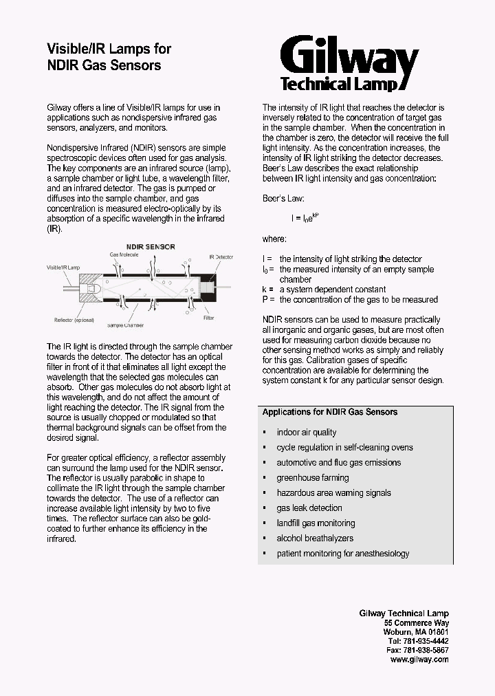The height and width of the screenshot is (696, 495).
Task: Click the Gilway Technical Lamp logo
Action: coord(349,63)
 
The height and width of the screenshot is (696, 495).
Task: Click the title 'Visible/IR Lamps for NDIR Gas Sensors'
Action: coord(108,57)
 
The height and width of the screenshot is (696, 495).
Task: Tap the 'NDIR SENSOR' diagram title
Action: coord(150,246)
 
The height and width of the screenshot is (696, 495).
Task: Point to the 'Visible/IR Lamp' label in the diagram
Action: coord(63,266)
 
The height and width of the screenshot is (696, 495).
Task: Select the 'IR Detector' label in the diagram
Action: coord(221,256)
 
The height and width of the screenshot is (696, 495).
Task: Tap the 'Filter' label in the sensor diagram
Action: coord(208,318)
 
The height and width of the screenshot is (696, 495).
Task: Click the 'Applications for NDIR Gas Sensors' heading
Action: coord(329,412)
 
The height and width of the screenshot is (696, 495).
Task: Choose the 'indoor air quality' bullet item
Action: coord(306,433)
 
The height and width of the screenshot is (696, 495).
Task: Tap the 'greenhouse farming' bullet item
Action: coord(312,478)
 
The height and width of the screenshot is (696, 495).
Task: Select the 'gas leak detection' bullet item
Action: coord(309,508)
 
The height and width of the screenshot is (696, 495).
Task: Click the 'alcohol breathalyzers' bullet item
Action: coord(314,539)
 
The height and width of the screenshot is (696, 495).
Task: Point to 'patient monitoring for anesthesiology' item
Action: coord(342,554)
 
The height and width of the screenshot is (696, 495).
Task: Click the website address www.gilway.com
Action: coord(419,659)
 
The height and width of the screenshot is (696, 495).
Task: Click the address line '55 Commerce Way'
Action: coord(417,622)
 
